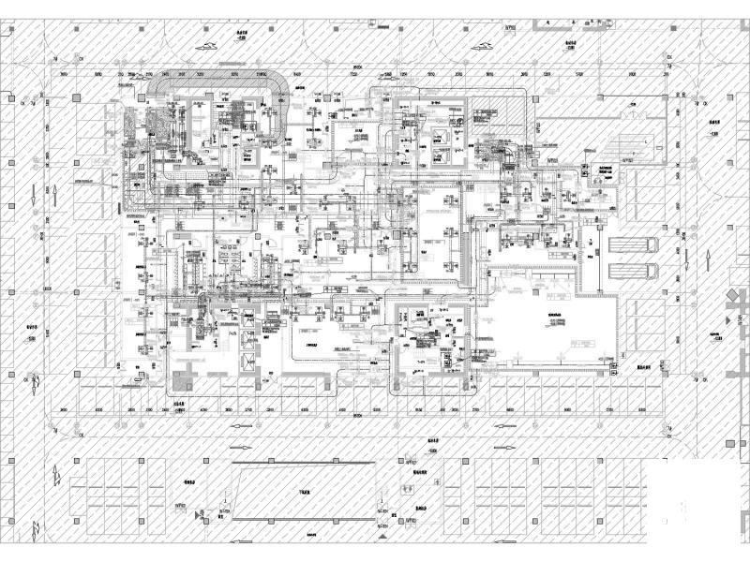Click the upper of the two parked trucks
(634, 244)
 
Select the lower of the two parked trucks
(634, 272)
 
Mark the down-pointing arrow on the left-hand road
(37, 383)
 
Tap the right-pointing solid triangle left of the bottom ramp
(198, 514)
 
